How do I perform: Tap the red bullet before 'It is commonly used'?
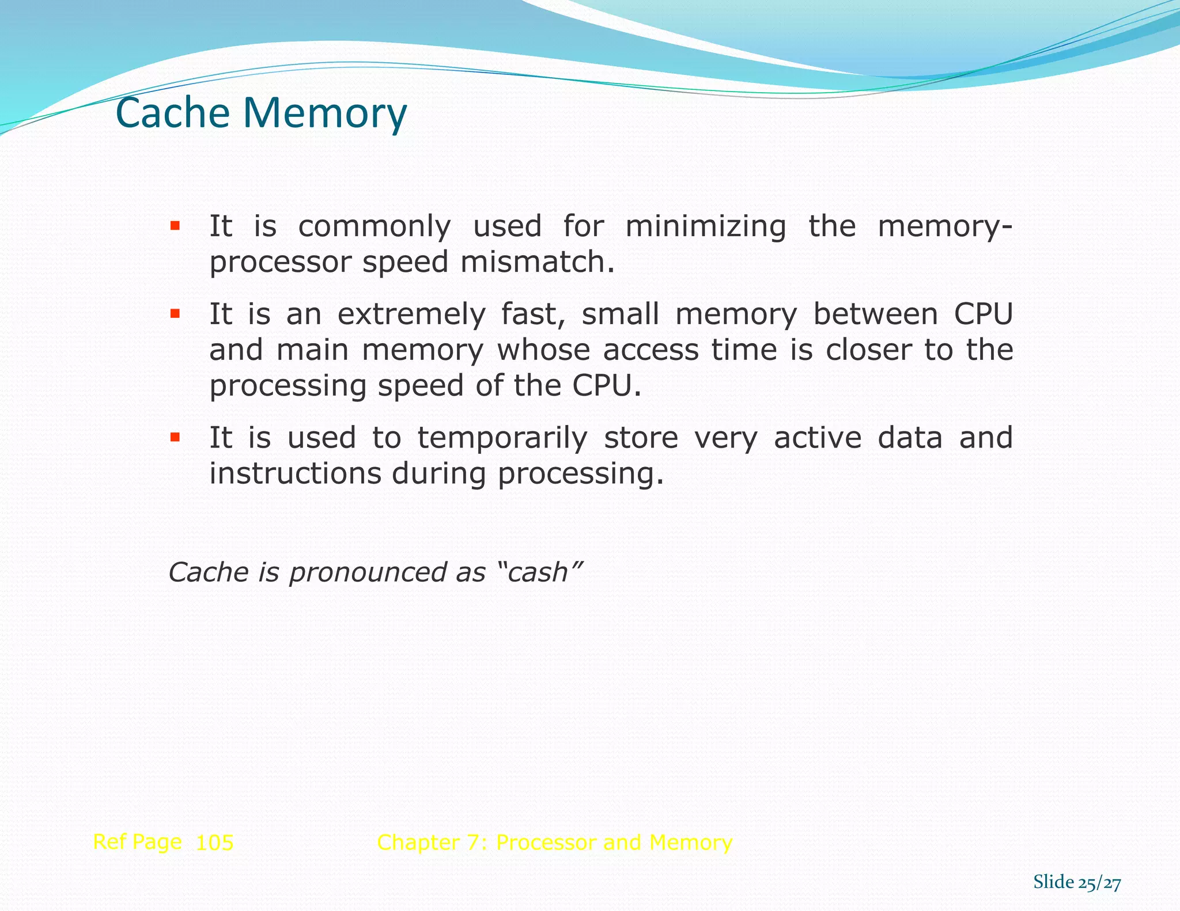coord(175,225)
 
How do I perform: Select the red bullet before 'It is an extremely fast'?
coord(175,314)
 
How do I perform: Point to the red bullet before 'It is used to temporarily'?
coord(175,438)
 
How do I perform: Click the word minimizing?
coord(705,226)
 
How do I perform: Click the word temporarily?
coord(502,438)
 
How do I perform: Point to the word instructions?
coord(295,473)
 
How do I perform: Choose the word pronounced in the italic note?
coord(366,572)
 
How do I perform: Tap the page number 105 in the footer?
coord(214,843)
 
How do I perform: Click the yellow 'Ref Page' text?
coord(137,842)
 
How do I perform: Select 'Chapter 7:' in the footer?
coord(432,842)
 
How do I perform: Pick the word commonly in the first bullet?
coord(375,226)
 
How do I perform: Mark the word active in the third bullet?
coord(817,438)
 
